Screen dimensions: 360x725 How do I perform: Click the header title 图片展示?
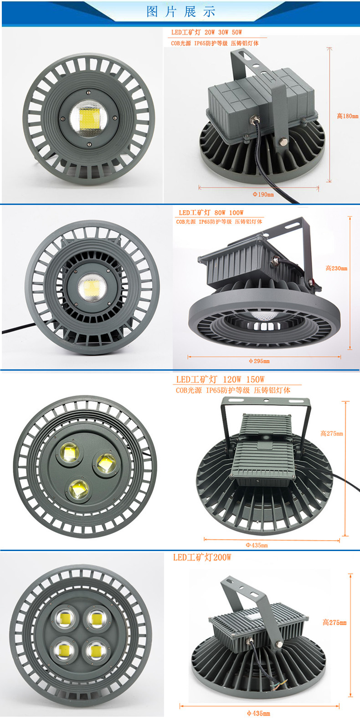(180, 12)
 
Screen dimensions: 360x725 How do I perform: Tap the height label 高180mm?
(347, 116)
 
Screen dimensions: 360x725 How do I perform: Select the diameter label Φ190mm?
(263, 194)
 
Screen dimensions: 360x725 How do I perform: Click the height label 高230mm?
(336, 268)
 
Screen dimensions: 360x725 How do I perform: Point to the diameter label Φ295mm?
(259, 361)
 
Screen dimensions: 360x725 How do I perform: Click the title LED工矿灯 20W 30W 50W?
(206, 32)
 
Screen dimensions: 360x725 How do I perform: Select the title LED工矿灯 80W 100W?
(211, 213)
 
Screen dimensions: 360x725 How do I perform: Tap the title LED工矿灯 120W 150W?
(220, 379)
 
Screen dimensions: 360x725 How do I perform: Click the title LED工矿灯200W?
(202, 557)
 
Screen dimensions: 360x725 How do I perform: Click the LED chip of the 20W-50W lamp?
(88, 118)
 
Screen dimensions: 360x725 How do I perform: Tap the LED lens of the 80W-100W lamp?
(92, 287)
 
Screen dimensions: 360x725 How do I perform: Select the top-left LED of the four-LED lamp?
(65, 618)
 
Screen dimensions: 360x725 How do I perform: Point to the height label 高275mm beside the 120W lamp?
(331, 434)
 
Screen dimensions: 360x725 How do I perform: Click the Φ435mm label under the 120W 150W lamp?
(257, 545)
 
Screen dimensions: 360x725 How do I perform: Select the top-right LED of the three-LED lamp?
(106, 463)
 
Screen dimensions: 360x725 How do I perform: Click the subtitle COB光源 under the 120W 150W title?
(189, 390)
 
